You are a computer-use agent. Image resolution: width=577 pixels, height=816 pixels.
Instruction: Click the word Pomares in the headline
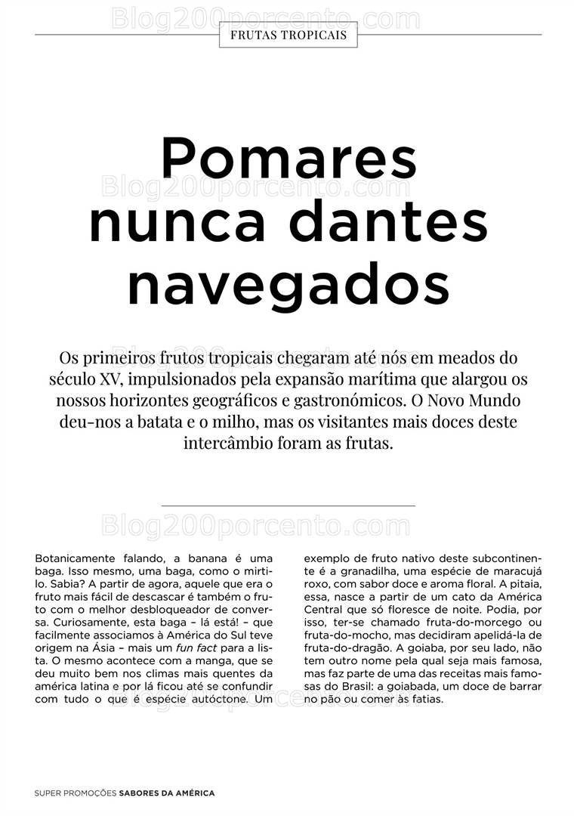click(288, 159)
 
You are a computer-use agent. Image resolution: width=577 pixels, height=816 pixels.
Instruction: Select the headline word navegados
click(288, 283)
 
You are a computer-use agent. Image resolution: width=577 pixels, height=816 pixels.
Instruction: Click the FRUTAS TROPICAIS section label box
click(288, 35)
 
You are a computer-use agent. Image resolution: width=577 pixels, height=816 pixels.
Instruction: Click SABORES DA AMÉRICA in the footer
click(167, 793)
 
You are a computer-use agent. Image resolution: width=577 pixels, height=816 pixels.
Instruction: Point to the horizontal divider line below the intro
click(288, 505)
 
